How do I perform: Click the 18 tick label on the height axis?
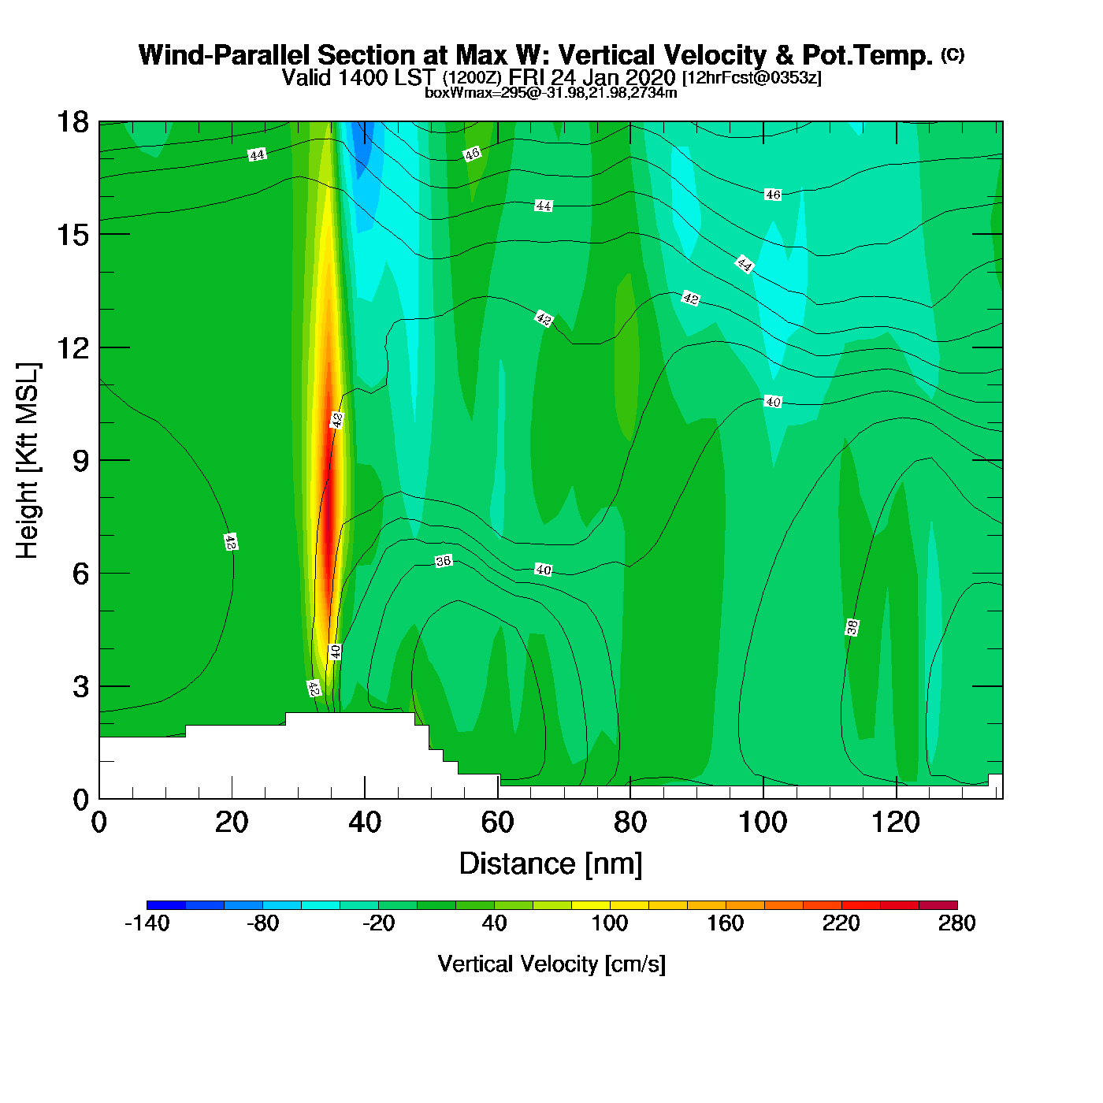tap(72, 122)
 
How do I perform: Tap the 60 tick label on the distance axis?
tap(497, 823)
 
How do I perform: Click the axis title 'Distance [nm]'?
tap(551, 863)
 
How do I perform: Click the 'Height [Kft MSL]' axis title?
tap(28, 461)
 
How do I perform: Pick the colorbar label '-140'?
tap(147, 923)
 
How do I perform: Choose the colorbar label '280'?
tap(956, 923)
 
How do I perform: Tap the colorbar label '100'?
tap(610, 923)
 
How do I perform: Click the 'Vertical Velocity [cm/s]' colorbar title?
tap(551, 964)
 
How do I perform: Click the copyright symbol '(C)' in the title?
tap(953, 54)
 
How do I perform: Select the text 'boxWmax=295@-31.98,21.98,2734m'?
tap(551, 92)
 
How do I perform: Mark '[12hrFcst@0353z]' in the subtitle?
tap(752, 77)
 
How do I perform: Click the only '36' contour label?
tap(444, 561)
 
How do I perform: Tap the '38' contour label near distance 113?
tap(852, 627)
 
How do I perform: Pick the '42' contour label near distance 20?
tap(230, 542)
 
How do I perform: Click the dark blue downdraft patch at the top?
tap(362, 146)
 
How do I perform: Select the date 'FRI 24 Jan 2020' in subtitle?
tap(592, 77)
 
